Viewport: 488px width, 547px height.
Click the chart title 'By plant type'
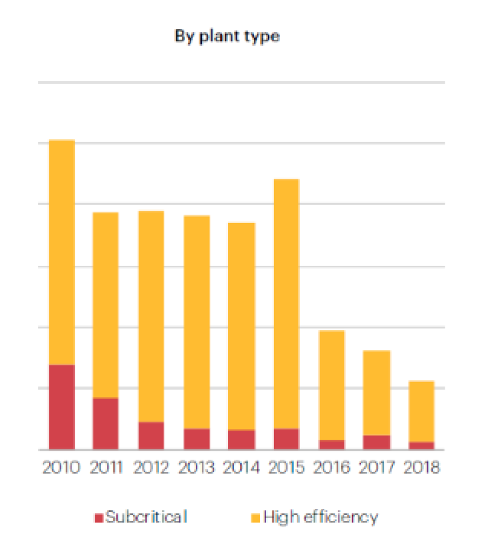pyautogui.click(x=227, y=37)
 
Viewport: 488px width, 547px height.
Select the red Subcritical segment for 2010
pyautogui.click(x=62, y=406)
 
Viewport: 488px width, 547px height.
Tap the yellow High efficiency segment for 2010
pyautogui.click(x=62, y=252)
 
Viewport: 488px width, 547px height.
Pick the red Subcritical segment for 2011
pyautogui.click(x=105, y=423)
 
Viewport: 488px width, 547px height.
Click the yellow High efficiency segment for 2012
pyautogui.click(x=151, y=316)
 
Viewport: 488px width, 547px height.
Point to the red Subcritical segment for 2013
pyautogui.click(x=196, y=438)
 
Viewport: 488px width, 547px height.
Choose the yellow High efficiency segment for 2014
pyautogui.click(x=242, y=326)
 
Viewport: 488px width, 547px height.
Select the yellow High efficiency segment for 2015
pyautogui.click(x=286, y=303)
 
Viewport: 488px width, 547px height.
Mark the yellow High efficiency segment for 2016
pyautogui.click(x=332, y=385)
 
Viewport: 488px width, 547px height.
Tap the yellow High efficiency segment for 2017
pyautogui.click(x=377, y=393)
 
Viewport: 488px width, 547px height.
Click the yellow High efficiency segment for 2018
pyautogui.click(x=421, y=411)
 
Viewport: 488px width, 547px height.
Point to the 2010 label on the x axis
pyautogui.click(x=62, y=467)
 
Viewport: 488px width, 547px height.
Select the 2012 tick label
pyautogui.click(x=151, y=467)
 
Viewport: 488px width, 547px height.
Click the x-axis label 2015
pyautogui.click(x=286, y=467)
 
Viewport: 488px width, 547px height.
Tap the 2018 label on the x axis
pyautogui.click(x=421, y=467)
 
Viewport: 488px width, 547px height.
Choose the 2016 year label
pyautogui.click(x=332, y=467)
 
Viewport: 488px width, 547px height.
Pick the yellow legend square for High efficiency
pyautogui.click(x=256, y=518)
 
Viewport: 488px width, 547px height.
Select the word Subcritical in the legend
pyautogui.click(x=146, y=517)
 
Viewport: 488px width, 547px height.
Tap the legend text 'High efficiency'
pyautogui.click(x=321, y=517)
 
